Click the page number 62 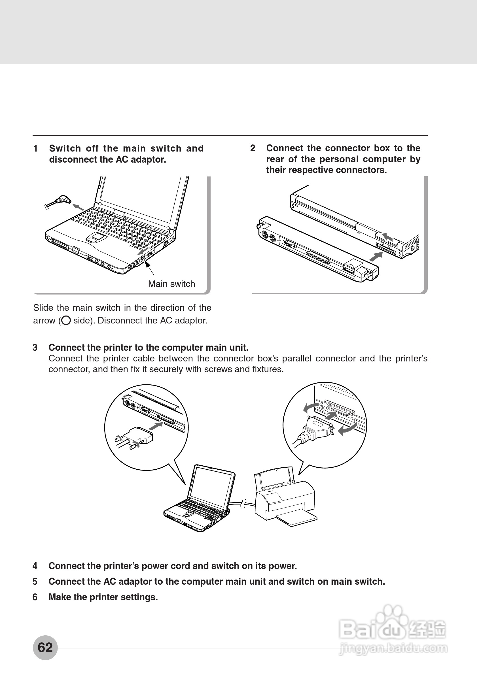[45, 647]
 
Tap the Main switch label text [171, 284]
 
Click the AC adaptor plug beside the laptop [63, 200]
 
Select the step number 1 [35, 148]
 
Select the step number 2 [253, 148]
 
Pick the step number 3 [35, 348]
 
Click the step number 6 [35, 597]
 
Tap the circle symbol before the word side [66, 320]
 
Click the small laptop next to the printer [200, 500]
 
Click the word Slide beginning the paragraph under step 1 [43, 308]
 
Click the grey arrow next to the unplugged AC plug [78, 207]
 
